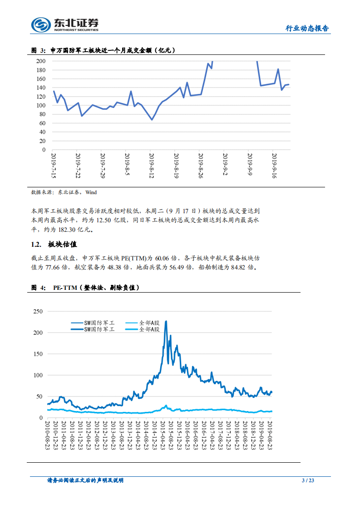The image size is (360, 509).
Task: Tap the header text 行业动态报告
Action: [306, 29]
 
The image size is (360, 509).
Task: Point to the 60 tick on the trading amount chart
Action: [41, 123]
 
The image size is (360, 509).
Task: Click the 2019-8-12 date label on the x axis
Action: [152, 166]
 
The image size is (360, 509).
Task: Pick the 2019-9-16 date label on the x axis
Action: [274, 166]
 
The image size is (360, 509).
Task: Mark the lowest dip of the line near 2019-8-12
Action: [152, 119]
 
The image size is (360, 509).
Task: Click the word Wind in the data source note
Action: [91, 192]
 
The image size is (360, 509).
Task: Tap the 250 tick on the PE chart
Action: [38, 311]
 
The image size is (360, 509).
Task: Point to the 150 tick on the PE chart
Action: [38, 354]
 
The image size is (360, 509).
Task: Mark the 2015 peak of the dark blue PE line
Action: [166, 321]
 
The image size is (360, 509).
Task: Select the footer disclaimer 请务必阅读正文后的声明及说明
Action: [85, 480]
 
